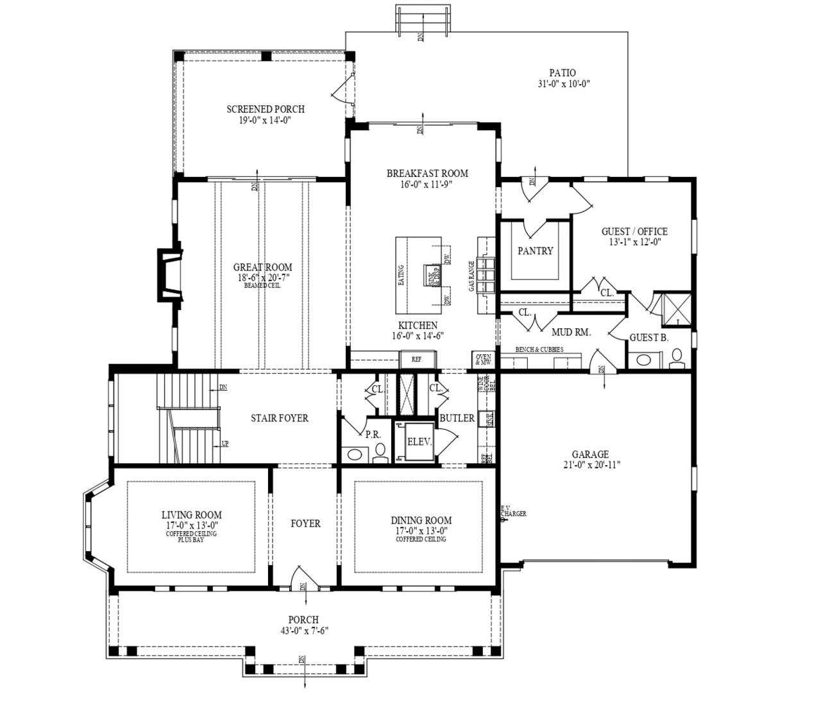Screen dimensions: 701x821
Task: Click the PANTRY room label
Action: tap(535, 251)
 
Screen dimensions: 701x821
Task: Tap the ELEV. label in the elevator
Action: tap(419, 442)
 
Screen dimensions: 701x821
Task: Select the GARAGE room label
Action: tap(590, 454)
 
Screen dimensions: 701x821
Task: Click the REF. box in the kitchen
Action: tap(417, 359)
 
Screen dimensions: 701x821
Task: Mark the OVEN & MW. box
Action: tap(483, 359)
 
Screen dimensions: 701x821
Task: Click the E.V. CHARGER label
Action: tap(513, 511)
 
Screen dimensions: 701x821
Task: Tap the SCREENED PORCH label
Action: tap(266, 109)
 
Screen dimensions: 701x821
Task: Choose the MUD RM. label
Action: tap(571, 332)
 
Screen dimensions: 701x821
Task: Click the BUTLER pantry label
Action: tap(457, 418)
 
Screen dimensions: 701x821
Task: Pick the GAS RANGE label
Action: tap(471, 276)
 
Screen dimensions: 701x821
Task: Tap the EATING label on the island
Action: tap(401, 275)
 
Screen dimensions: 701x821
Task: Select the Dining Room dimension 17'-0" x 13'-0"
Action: tap(421, 531)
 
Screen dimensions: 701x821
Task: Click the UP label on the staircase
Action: tap(224, 443)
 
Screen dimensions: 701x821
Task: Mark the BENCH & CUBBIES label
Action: tap(539, 349)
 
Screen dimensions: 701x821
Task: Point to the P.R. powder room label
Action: tap(373, 434)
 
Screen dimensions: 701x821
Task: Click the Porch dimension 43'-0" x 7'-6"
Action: tap(303, 630)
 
